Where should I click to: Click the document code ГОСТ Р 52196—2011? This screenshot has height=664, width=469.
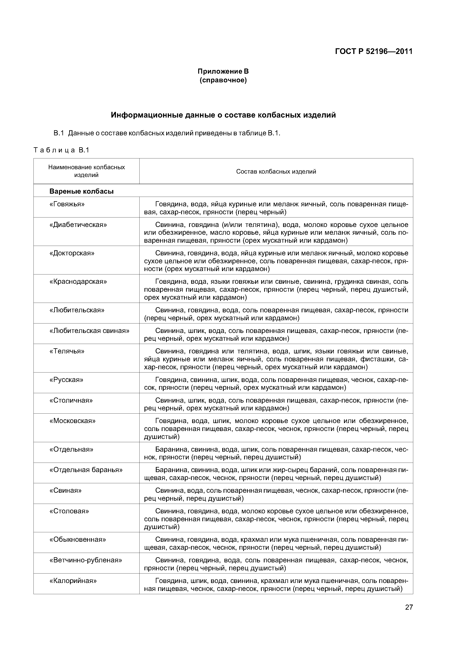pos(374,51)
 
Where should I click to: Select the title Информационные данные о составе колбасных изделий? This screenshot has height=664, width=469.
pos(223,115)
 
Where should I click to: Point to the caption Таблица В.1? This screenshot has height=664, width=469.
pos(61,150)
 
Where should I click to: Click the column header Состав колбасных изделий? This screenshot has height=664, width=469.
pos(276,171)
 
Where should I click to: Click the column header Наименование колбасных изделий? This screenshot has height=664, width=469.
pos(86,171)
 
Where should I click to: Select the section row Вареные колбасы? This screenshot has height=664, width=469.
pos(82,191)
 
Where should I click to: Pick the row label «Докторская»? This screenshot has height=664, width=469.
pos(72,253)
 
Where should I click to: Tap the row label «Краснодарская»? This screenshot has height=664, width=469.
pos(78,281)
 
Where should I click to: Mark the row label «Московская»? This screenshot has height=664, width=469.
pos(72,421)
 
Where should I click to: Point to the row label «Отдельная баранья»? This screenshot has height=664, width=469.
pos(86,470)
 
